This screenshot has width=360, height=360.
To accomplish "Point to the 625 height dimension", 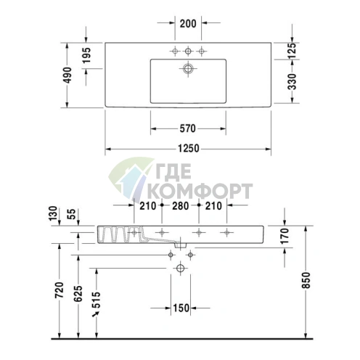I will click(x=78, y=292).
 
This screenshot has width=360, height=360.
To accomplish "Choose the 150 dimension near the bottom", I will click(x=181, y=308).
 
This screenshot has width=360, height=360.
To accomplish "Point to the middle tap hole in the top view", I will click(x=188, y=51).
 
